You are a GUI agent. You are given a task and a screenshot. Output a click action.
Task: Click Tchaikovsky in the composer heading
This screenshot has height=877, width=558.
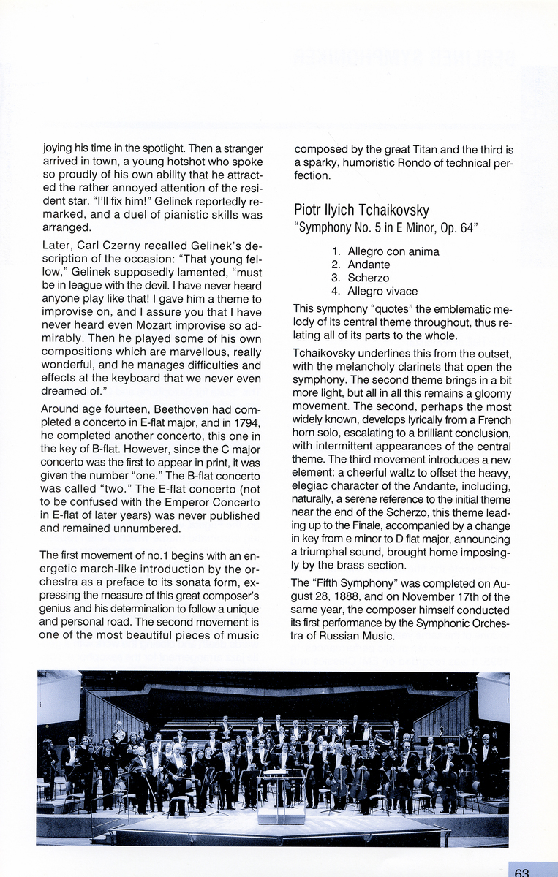click(391, 210)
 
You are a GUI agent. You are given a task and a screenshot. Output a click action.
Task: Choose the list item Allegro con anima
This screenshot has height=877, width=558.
click(393, 251)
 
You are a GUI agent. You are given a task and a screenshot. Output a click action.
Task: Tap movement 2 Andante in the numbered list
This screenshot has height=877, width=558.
click(369, 265)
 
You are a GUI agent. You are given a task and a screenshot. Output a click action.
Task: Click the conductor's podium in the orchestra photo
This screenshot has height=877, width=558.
click(281, 813)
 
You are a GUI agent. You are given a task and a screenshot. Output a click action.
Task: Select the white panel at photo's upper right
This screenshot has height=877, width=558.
click(492, 698)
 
